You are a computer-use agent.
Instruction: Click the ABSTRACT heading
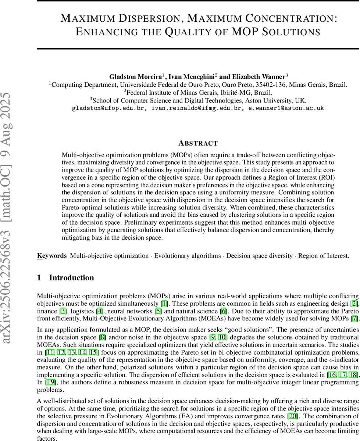[x=198, y=143]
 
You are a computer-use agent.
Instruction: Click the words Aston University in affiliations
[x=272, y=100]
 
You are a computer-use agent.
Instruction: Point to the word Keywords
[x=51, y=255]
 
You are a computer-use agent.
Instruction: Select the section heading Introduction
[x=71, y=277]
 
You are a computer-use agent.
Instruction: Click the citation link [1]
[x=164, y=303]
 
